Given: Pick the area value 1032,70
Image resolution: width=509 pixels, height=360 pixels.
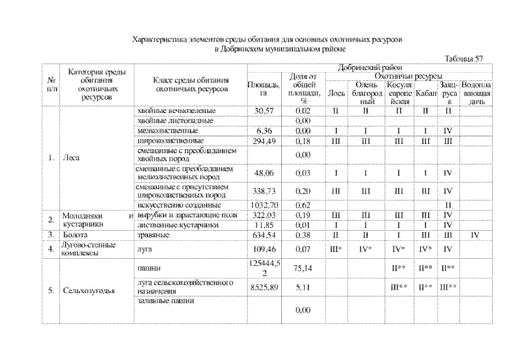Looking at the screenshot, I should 263,205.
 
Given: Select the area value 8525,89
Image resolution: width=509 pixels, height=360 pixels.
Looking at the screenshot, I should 263,286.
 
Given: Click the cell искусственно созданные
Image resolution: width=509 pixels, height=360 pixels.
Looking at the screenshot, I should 175,205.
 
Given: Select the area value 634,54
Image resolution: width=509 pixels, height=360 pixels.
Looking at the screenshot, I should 263,235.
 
